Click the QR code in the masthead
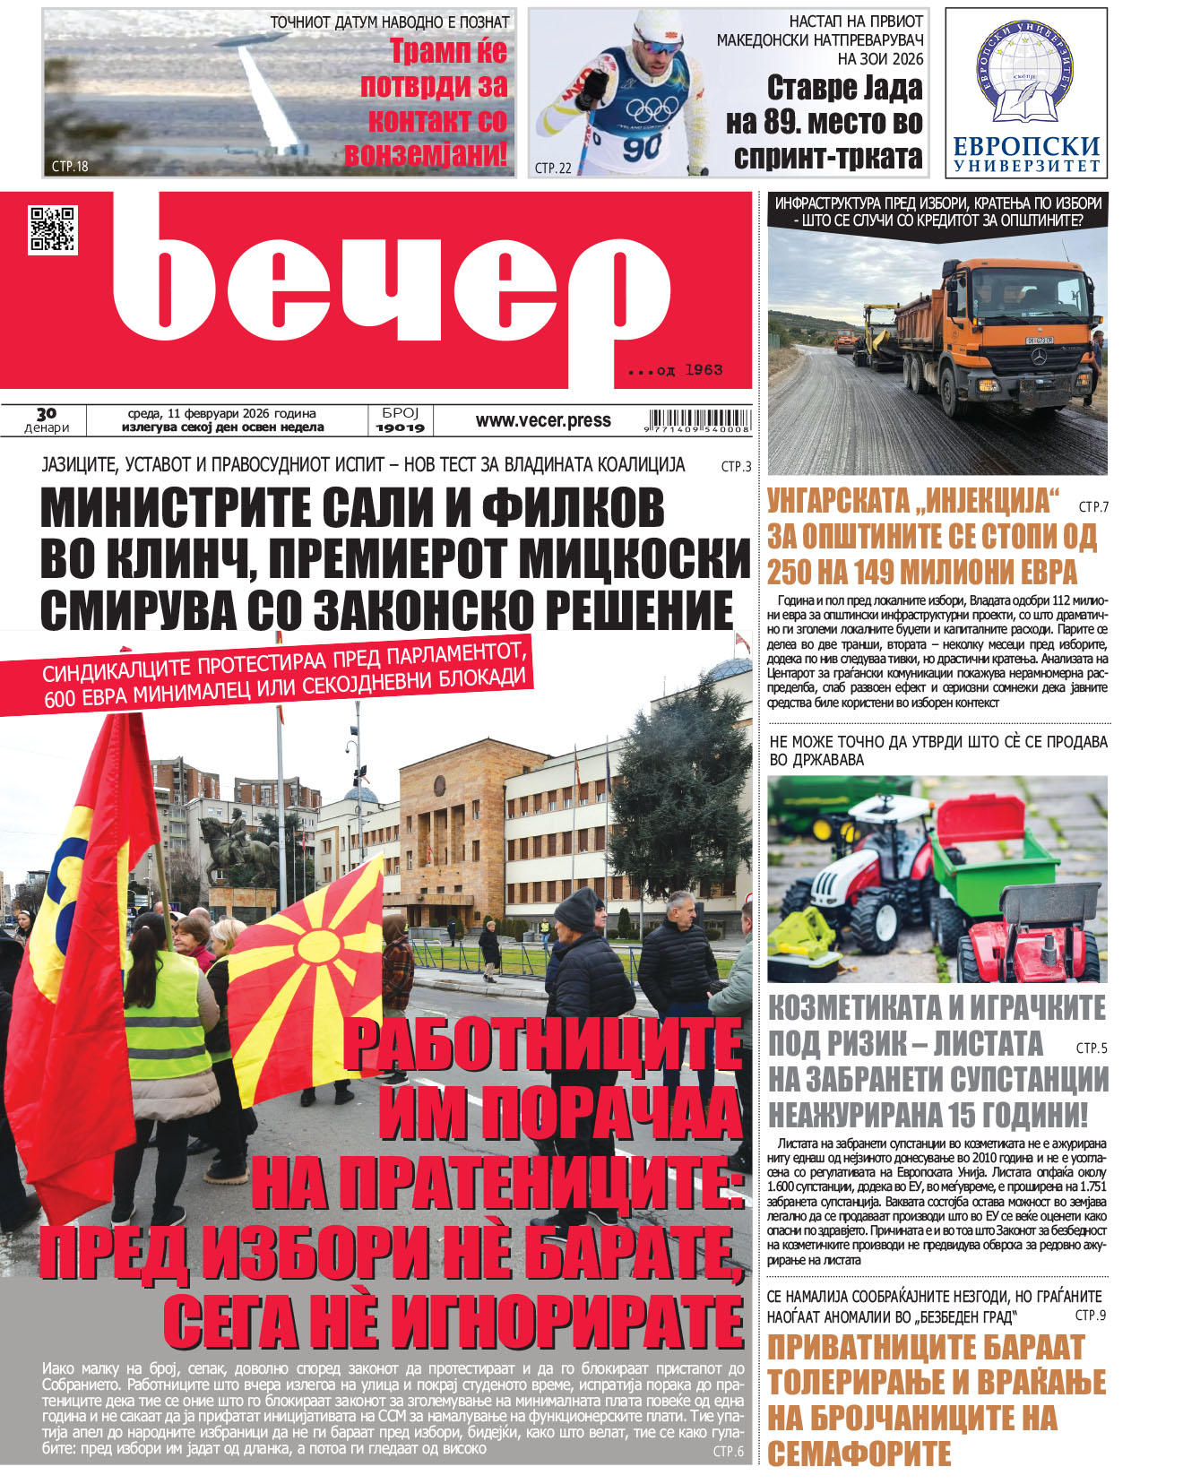coord(53,229)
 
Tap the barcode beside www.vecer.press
coord(698,420)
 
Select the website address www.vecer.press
coord(543,420)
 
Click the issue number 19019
coord(400,428)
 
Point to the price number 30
coord(46,413)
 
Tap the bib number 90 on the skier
coord(642,147)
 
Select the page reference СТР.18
coord(71,166)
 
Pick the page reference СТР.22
coord(552,167)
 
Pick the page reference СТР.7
coord(1093,506)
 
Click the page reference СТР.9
coord(1090,1315)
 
